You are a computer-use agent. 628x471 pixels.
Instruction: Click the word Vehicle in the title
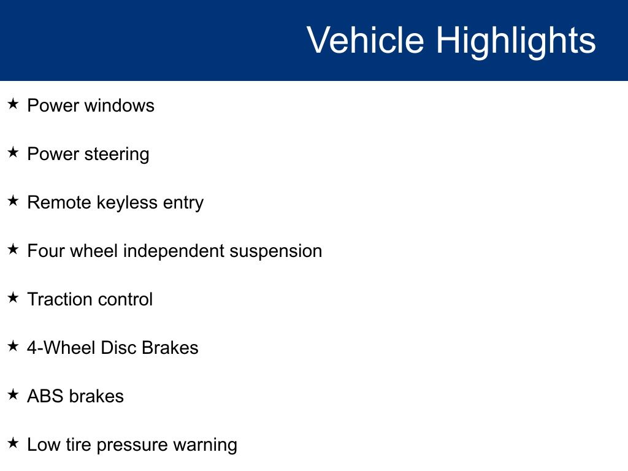click(x=366, y=40)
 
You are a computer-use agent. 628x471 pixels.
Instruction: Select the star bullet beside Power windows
click(x=13, y=104)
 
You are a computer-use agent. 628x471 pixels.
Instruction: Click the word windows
click(x=120, y=105)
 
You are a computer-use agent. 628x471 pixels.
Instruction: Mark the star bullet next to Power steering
click(x=13, y=152)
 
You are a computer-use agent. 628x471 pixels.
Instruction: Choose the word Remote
click(x=59, y=202)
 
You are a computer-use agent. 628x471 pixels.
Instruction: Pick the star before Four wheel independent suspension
click(x=13, y=249)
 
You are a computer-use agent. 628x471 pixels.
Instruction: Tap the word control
click(x=125, y=299)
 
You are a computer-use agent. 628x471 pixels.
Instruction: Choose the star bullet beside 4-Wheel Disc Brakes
click(x=13, y=346)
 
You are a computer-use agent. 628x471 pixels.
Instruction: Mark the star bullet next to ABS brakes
click(x=13, y=394)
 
